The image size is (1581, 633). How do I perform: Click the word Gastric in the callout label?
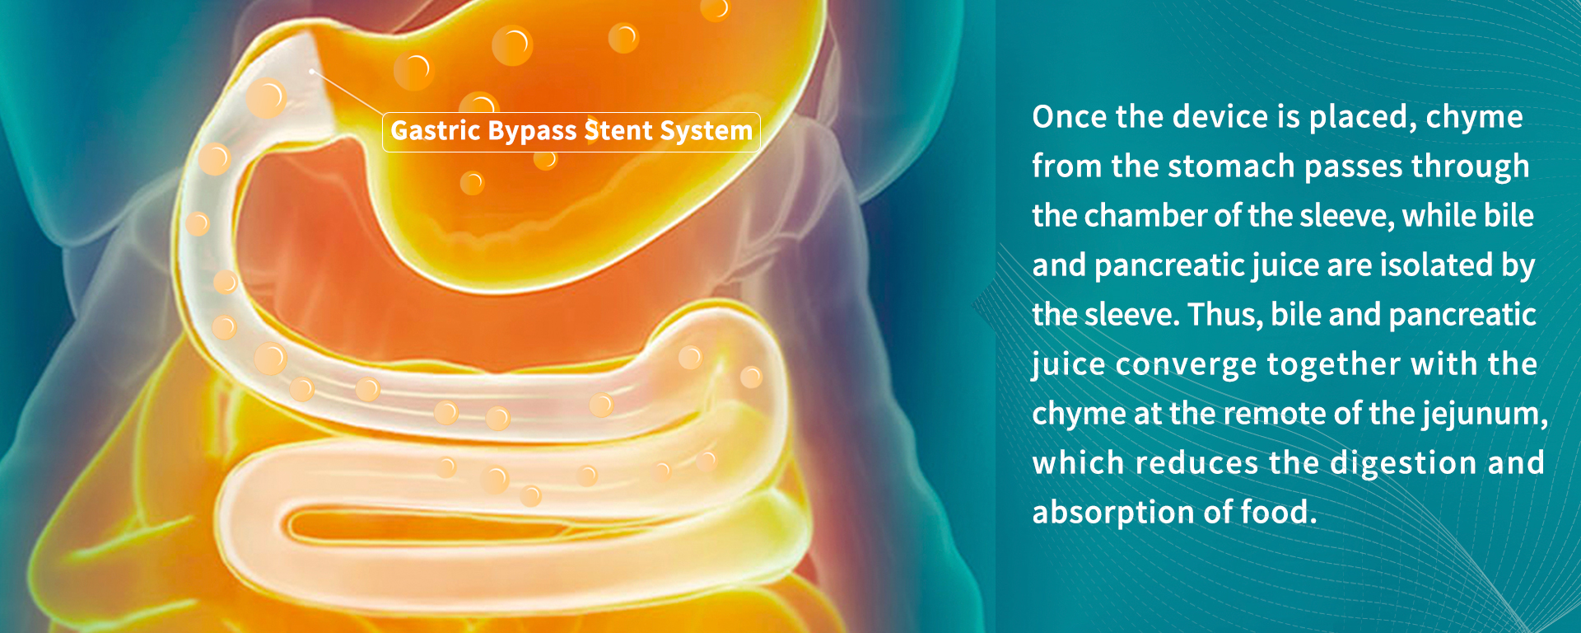coord(436,130)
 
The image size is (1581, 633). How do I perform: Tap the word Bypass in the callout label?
coord(532,132)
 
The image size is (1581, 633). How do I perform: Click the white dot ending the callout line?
coord(311,72)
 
